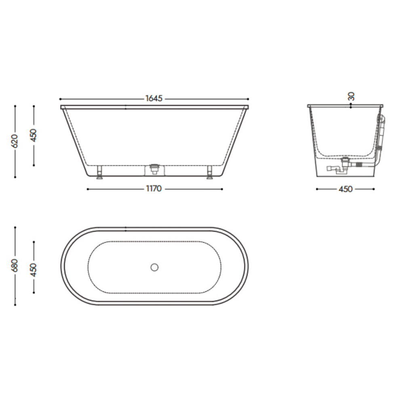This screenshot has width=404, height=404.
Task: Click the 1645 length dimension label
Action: (154, 99)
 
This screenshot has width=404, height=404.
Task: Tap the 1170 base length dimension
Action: (154, 189)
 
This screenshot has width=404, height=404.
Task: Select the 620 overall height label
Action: (15, 141)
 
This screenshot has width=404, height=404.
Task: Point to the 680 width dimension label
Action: (15, 265)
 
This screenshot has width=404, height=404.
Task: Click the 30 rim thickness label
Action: (351, 97)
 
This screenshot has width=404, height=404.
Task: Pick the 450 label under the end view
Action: (345, 189)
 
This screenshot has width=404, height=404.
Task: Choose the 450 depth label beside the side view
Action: (34, 135)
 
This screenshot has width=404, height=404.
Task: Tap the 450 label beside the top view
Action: (34, 269)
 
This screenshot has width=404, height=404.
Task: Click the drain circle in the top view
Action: (154, 267)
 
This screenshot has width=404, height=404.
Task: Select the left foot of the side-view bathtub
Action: (99, 172)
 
